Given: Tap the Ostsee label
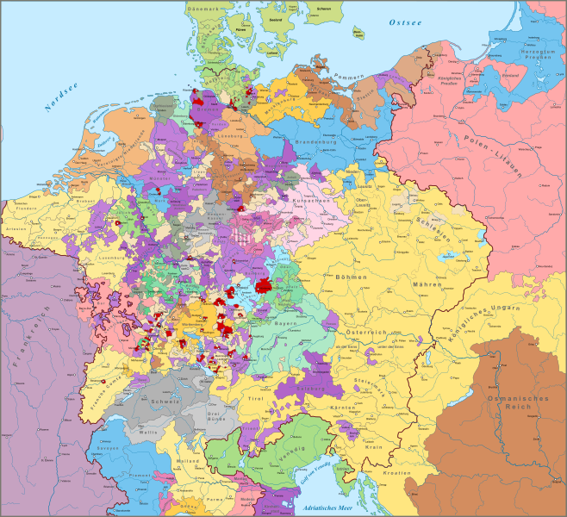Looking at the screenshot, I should coord(402,21).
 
